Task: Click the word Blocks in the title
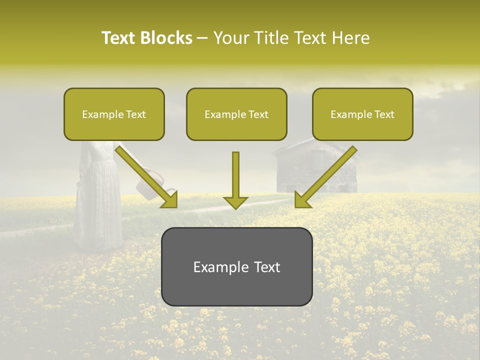[x=166, y=38]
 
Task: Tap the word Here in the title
[x=349, y=38]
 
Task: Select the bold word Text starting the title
[x=119, y=38]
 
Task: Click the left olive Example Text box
[x=114, y=114]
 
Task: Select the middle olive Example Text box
[x=236, y=114]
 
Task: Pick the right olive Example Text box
[x=362, y=114]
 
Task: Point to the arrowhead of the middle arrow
[x=235, y=202]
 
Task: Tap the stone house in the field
[x=315, y=170]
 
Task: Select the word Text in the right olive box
[x=384, y=114]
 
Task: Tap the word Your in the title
[x=230, y=38]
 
